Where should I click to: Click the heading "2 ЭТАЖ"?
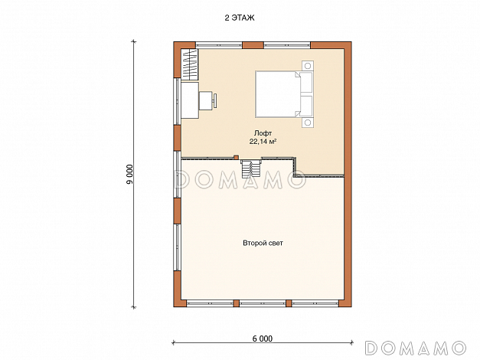pyautogui.click(x=240, y=18)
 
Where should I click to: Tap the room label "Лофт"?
pyautogui.click(x=263, y=133)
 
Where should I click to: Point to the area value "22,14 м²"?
pyautogui.click(x=263, y=142)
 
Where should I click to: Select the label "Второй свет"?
pyautogui.click(x=263, y=243)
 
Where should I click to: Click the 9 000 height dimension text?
pyautogui.click(x=130, y=175)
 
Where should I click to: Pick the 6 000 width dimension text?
pyautogui.click(x=263, y=339)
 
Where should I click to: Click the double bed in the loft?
pyautogui.click(x=284, y=94)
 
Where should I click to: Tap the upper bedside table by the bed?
pyautogui.click(x=308, y=66)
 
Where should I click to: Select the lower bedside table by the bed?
pyautogui.click(x=308, y=123)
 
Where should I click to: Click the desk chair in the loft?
pyautogui.click(x=208, y=100)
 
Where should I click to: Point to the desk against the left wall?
pyautogui.click(x=190, y=100)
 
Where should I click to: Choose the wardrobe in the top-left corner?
pyautogui.click(x=188, y=64)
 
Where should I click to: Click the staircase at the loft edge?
pyautogui.click(x=250, y=169)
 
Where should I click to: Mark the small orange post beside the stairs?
pyautogui.click(x=236, y=157)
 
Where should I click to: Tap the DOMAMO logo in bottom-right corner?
pyautogui.click(x=416, y=348)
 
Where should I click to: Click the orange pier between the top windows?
pyautogui.click(x=253, y=45)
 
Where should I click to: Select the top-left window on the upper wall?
pyautogui.click(x=219, y=44)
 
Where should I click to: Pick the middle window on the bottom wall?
pyautogui.click(x=263, y=303)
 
